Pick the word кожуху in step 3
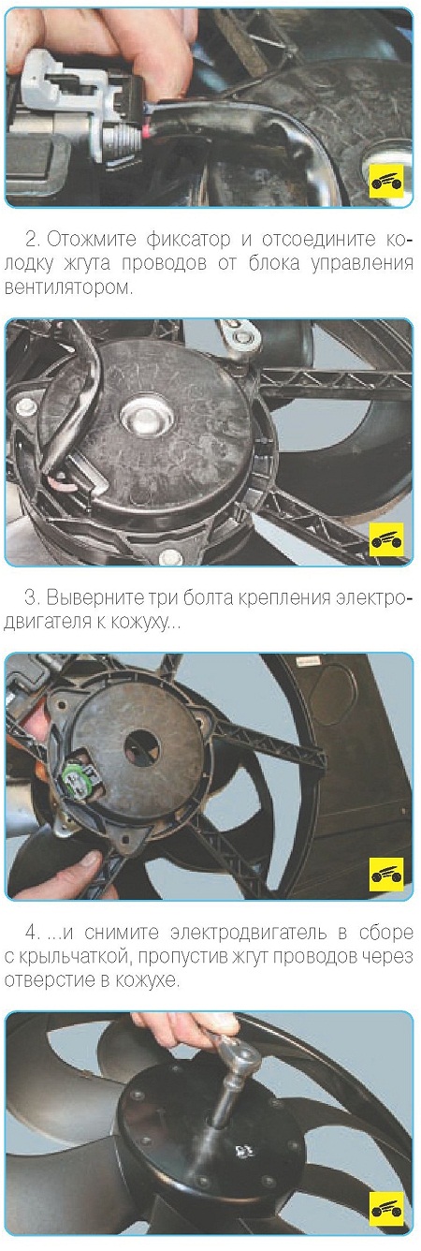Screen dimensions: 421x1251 tap(142, 623)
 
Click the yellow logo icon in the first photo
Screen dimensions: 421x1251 tap(387, 180)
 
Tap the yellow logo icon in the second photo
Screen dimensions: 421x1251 tap(387, 539)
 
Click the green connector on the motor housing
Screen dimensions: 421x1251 tap(74, 774)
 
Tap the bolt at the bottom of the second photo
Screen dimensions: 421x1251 tap(169, 555)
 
